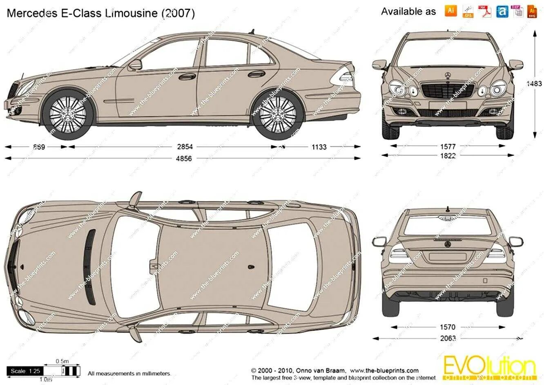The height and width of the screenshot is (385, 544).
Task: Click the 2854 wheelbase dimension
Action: coord(185,147)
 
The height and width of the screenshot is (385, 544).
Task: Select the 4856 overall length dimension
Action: coord(184,159)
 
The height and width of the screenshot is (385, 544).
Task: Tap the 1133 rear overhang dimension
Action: coord(319,147)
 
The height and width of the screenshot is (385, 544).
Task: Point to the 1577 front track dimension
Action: coord(448,146)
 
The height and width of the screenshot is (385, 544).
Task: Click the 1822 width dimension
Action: coord(448,155)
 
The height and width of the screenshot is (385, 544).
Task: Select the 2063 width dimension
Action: coord(448,338)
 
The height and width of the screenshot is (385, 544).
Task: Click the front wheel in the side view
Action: coord(68,112)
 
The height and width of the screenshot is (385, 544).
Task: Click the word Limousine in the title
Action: coord(131,13)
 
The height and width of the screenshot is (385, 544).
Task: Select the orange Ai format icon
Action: coord(451,11)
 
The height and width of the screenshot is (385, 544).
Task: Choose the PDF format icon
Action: coord(485,11)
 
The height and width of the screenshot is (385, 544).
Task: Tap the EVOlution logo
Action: coord(488,367)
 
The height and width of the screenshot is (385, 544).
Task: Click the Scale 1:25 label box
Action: coord(26,371)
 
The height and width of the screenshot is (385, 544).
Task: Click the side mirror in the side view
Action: coord(135,65)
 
